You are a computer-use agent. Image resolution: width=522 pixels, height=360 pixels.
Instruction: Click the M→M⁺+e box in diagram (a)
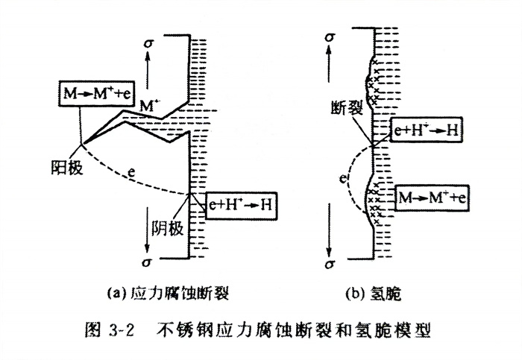95,93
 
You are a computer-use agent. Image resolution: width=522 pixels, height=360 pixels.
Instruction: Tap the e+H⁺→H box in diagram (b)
424,132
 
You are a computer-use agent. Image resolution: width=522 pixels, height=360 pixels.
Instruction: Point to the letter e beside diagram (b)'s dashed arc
342,179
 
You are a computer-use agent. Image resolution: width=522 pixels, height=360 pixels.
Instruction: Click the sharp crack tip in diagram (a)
81,142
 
